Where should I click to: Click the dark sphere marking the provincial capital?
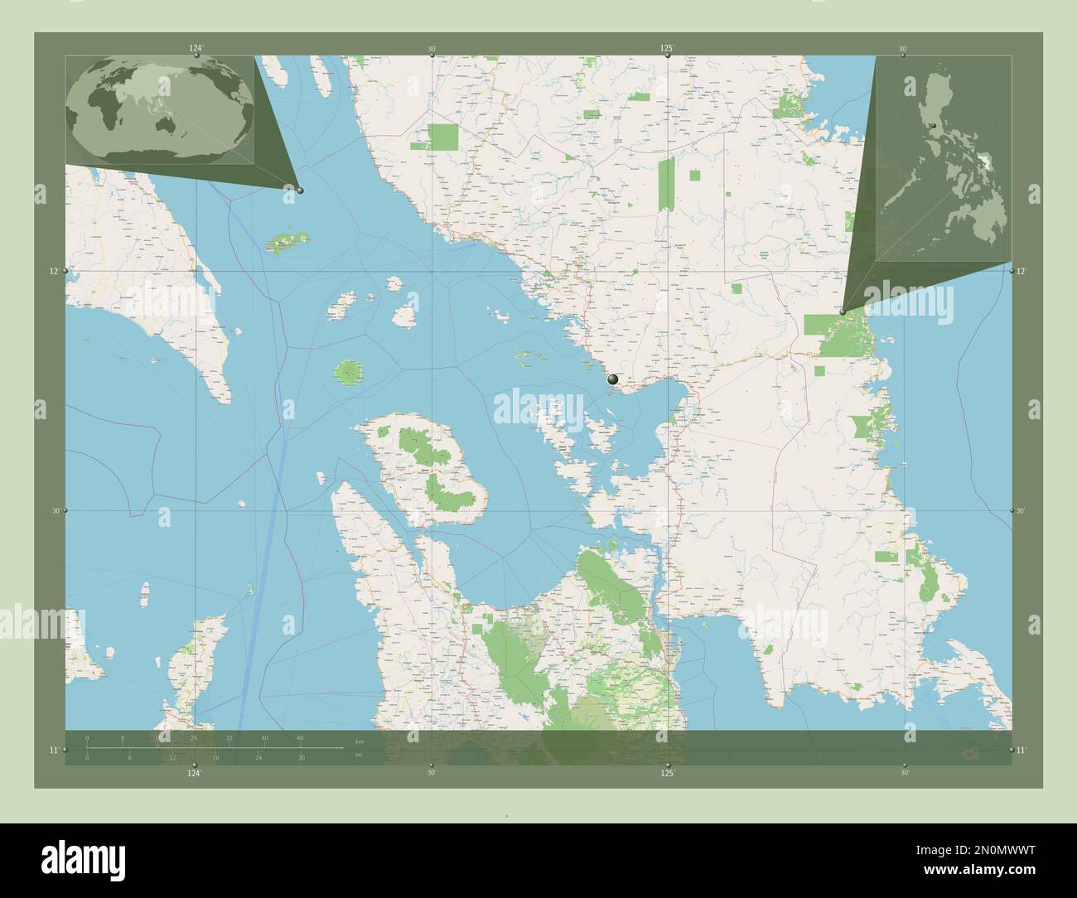pos(613,379)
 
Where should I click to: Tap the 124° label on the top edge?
pos(195,49)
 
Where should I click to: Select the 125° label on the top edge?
pos(667,49)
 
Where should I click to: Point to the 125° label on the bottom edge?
pos(668,773)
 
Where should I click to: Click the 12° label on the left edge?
pos(54,272)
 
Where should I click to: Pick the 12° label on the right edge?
pos(1022,272)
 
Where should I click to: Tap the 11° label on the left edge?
pos(54,750)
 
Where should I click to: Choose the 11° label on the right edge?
pos(1022,750)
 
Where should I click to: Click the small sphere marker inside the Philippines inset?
pos(933,126)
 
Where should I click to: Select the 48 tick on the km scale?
pos(299,737)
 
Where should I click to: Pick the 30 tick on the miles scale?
pos(301,757)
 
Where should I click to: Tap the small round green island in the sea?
pos(349,372)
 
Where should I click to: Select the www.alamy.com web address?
pos(1002,887)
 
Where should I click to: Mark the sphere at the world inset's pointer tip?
pos(300,191)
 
